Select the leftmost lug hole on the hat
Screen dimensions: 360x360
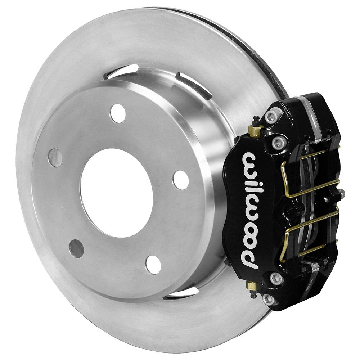point(55,158)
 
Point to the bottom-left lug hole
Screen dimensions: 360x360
point(76,248)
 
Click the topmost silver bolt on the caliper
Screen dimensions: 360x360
point(272,116)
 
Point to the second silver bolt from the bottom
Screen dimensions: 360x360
point(276,278)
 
